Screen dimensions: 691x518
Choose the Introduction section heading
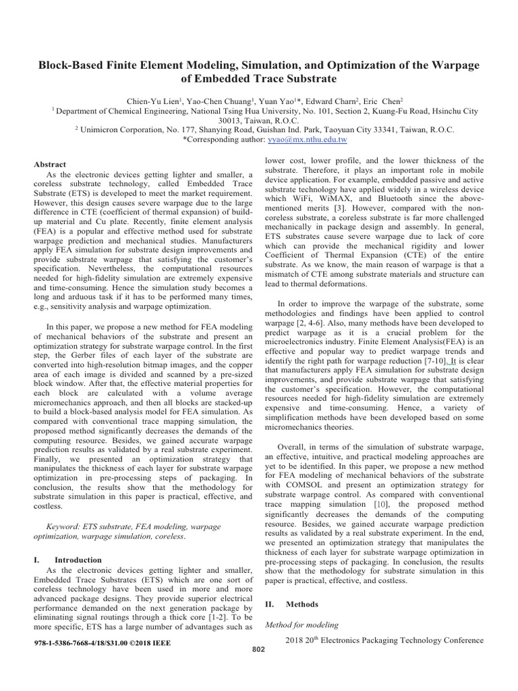coord(78,560)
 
